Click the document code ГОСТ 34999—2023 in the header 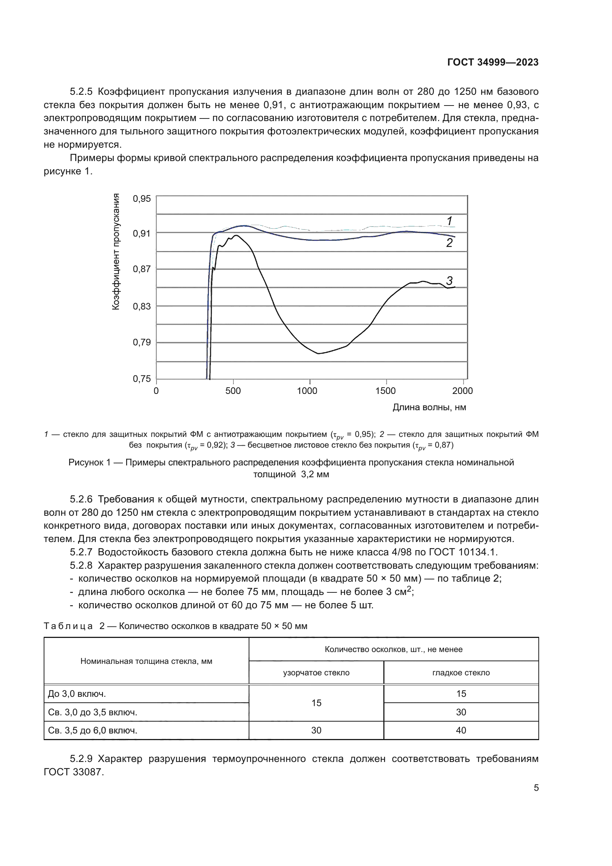click(x=492, y=62)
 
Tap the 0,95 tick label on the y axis click(x=142, y=199)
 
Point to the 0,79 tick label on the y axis click(x=142, y=342)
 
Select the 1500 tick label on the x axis click(x=385, y=391)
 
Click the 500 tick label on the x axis click(x=233, y=391)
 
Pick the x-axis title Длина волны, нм click(x=429, y=407)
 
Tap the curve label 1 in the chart click(x=449, y=221)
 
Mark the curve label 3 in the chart click(x=449, y=280)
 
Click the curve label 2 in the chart click(x=449, y=243)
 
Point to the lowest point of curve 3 click(x=319, y=354)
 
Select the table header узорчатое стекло click(x=316, y=672)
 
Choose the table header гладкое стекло click(x=461, y=672)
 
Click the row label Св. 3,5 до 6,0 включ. click(x=93, y=730)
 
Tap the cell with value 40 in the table click(x=461, y=730)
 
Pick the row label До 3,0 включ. click(x=77, y=693)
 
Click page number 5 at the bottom click(x=536, y=788)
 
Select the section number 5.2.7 click(x=81, y=552)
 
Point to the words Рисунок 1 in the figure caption click(x=89, y=462)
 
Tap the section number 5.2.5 click(x=81, y=92)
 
